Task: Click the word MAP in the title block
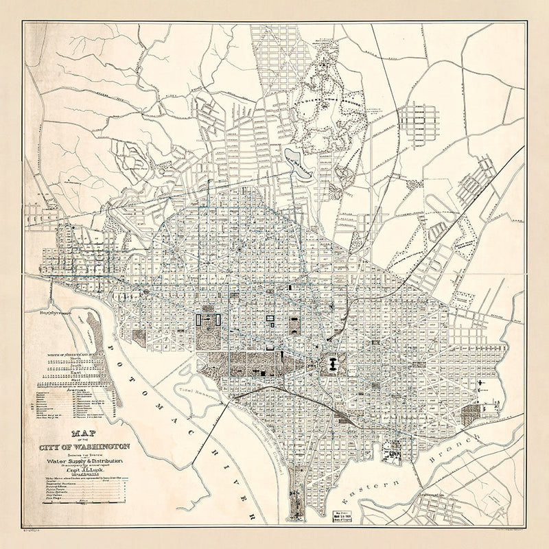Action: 82,434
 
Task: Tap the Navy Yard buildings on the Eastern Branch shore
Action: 395,453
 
